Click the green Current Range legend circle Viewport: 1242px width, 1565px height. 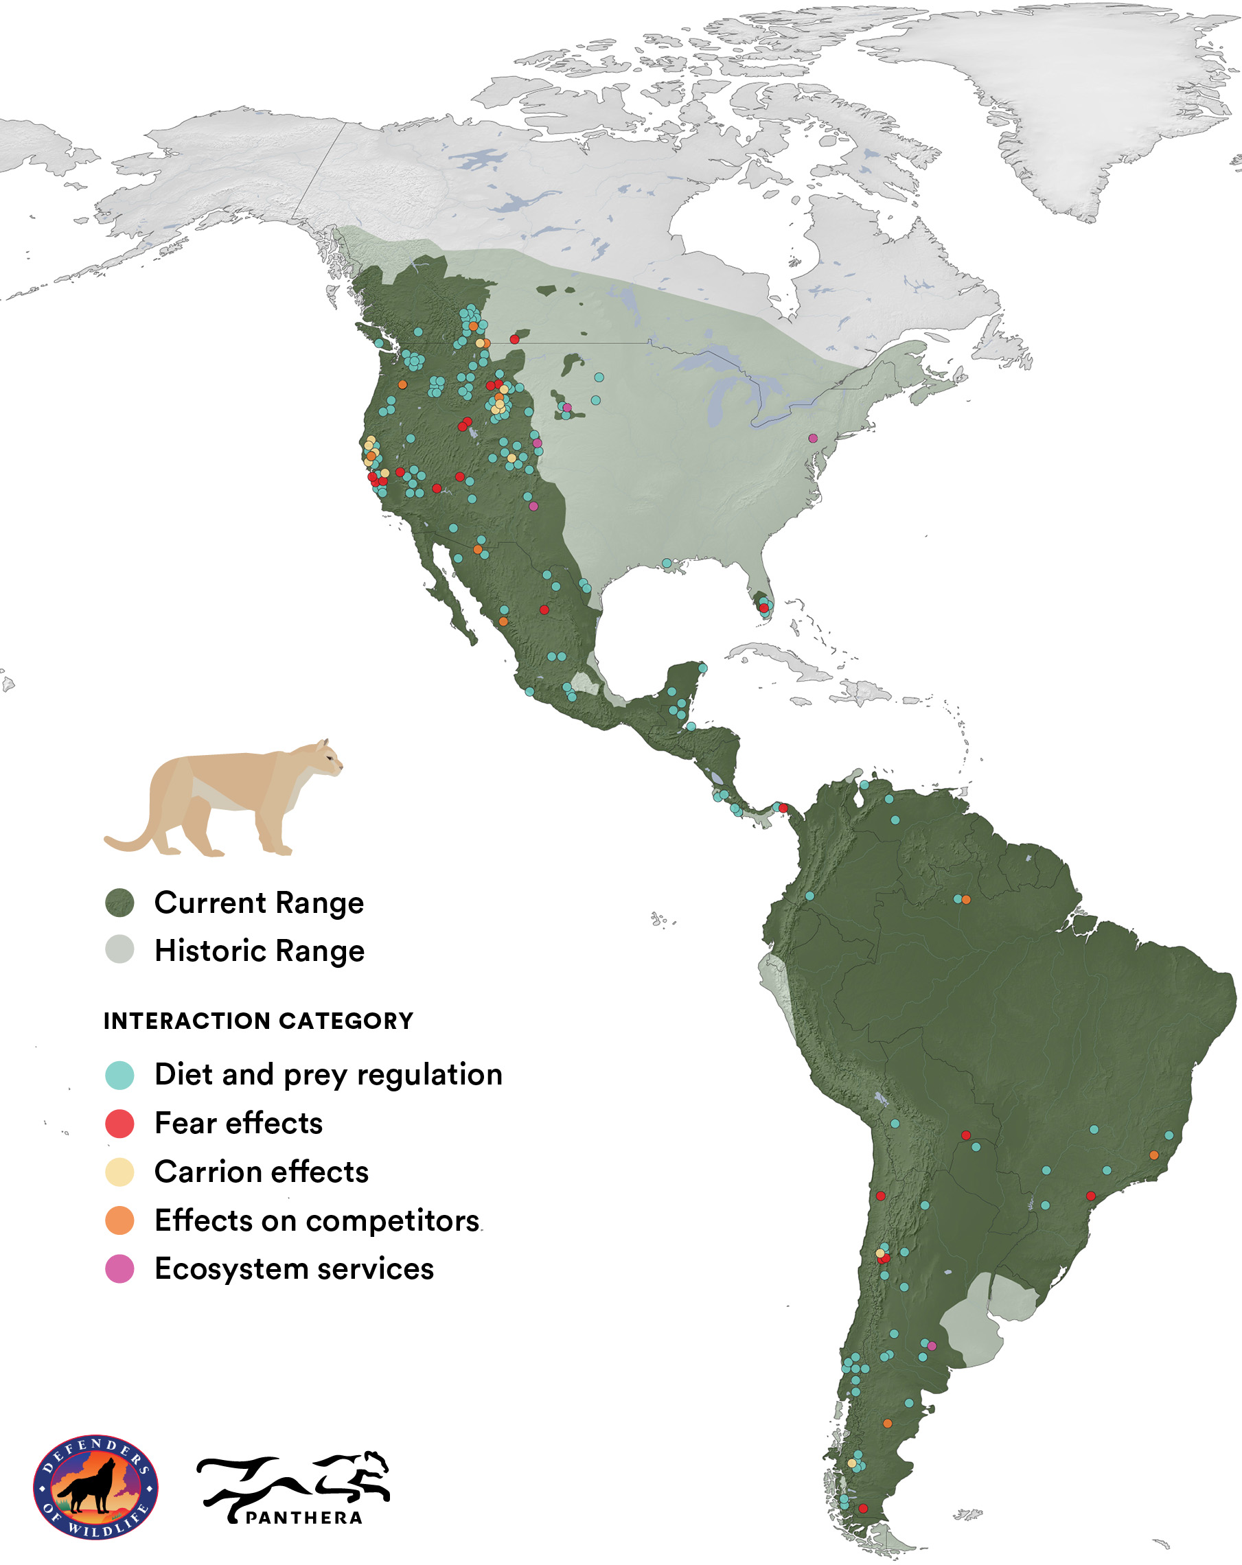pyautogui.click(x=119, y=903)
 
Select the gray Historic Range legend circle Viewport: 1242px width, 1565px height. pyautogui.click(x=119, y=949)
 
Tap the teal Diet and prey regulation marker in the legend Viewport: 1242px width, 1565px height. pyautogui.click(x=119, y=1075)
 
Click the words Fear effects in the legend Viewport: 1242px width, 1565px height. pyautogui.click(x=238, y=1124)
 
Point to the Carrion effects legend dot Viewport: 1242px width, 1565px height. pyautogui.click(x=119, y=1172)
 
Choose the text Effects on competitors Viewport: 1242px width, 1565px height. pyautogui.click(x=317, y=1221)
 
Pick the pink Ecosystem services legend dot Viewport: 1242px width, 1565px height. pyautogui.click(x=119, y=1270)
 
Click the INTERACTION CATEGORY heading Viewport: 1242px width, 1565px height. pyautogui.click(x=257, y=1021)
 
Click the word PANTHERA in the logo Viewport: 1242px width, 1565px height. pyautogui.click(x=303, y=1518)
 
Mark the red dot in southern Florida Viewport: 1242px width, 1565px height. pyautogui.click(x=763, y=607)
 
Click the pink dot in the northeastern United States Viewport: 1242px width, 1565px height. pyautogui.click(x=813, y=439)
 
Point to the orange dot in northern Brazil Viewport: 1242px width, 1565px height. pyautogui.click(x=966, y=899)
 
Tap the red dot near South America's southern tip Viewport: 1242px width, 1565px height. pyautogui.click(x=863, y=1509)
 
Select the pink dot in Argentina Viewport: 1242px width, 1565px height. pyautogui.click(x=932, y=1346)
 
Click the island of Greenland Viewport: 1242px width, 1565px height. pyautogui.click(x=1074, y=94)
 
